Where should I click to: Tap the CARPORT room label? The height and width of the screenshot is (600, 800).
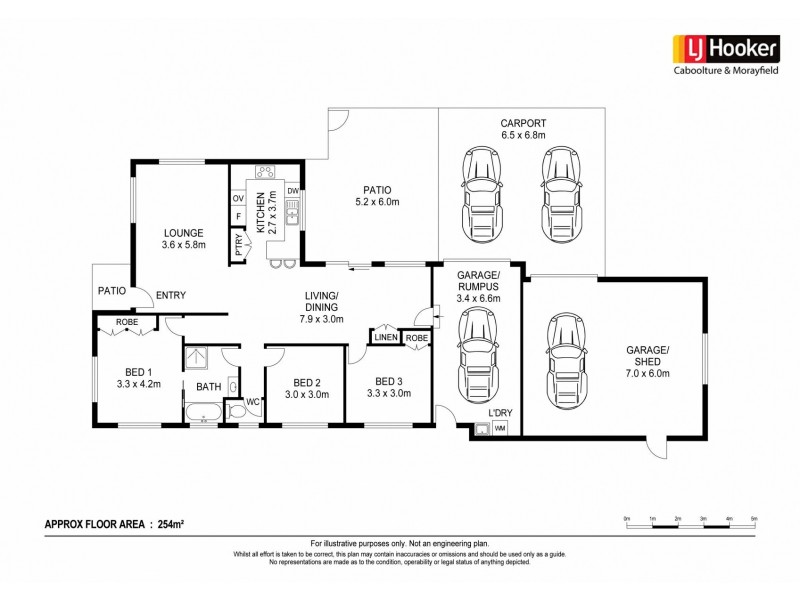(523, 124)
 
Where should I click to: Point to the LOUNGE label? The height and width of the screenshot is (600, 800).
(182, 232)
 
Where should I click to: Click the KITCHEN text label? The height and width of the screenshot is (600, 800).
(260, 212)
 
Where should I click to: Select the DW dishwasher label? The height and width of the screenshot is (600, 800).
(293, 191)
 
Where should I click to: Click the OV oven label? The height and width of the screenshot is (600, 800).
(238, 199)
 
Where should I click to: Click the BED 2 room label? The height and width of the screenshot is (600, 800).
(307, 382)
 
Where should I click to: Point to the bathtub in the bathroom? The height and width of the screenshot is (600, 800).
(206, 411)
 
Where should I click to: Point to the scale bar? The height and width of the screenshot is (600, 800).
(690, 524)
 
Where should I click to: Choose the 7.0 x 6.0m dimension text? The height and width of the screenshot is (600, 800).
(647, 374)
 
